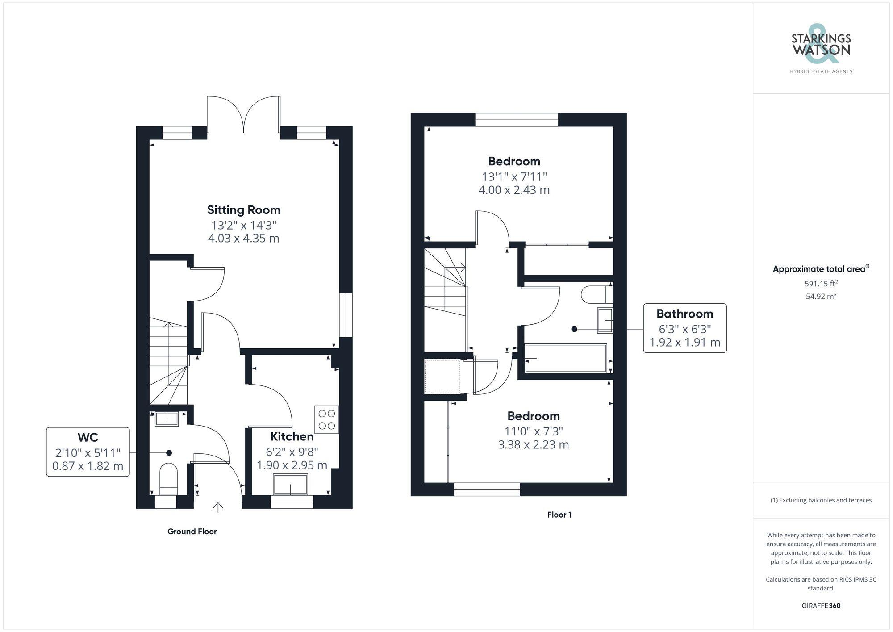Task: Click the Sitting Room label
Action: point(243,210)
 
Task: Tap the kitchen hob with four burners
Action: point(326,419)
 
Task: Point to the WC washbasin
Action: point(167,419)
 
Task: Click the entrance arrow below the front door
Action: point(218,507)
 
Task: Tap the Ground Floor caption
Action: point(192,531)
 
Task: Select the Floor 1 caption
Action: point(559,515)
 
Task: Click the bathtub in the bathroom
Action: point(566,358)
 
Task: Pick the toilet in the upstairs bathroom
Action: point(597,294)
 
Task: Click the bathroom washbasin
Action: point(605,320)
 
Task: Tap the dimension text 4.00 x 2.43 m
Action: point(514,190)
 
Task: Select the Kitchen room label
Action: point(292,436)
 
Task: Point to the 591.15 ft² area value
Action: point(821,283)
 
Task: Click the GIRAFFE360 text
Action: point(821,606)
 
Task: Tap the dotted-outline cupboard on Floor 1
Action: point(442,377)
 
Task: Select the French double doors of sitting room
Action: point(244,114)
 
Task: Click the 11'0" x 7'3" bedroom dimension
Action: point(533,431)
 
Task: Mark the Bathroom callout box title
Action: point(684,314)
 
